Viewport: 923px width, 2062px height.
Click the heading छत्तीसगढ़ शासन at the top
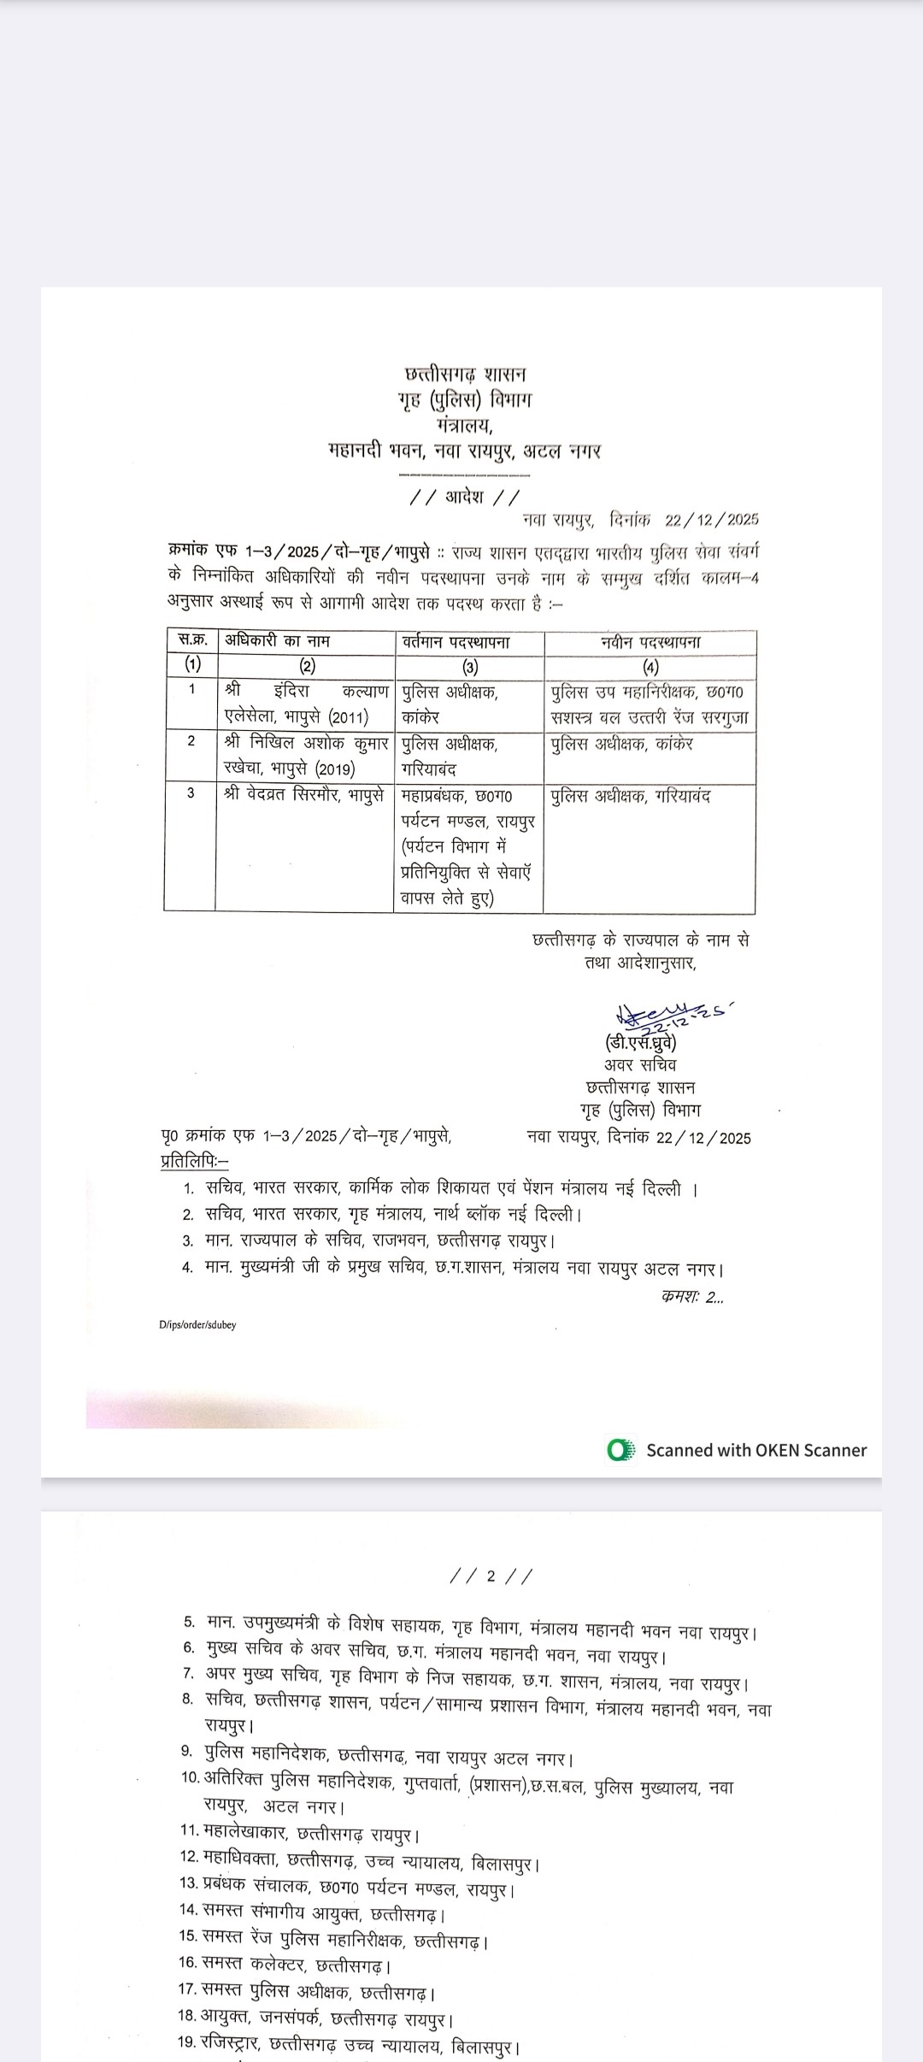[466, 374]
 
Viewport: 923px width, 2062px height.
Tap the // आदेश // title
[465, 498]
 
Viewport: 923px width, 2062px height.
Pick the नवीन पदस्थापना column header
[650, 642]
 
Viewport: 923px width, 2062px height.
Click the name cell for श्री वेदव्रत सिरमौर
[303, 796]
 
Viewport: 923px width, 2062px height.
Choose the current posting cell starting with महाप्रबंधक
[467, 846]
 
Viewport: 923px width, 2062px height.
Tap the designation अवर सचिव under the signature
[640, 1065]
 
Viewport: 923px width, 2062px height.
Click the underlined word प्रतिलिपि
[193, 1162]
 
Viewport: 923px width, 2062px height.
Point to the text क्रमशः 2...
[692, 1297]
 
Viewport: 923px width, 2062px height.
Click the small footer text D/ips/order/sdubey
[197, 1324]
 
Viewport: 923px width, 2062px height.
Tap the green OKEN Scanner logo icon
[620, 1450]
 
